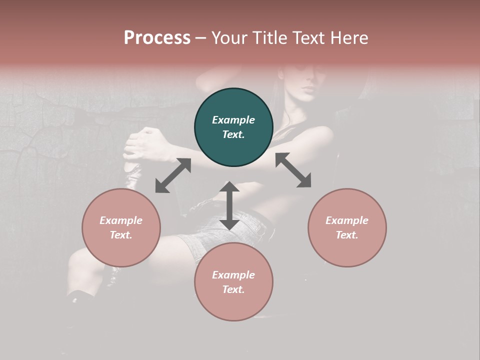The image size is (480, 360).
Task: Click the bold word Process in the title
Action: pyautogui.click(x=157, y=38)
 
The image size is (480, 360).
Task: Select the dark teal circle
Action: pyautogui.click(x=233, y=127)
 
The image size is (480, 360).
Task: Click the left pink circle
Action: pyautogui.click(x=121, y=227)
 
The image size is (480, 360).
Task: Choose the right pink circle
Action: pyautogui.click(x=347, y=227)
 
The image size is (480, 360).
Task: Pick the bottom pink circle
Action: pyautogui.click(x=233, y=281)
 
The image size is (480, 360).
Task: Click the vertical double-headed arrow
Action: pyautogui.click(x=229, y=205)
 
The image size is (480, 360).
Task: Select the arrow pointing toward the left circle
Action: pyautogui.click(x=173, y=175)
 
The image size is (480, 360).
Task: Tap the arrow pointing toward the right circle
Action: pyautogui.click(x=293, y=170)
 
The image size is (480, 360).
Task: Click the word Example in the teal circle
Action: pyautogui.click(x=233, y=120)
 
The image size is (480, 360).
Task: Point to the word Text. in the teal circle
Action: pyautogui.click(x=233, y=134)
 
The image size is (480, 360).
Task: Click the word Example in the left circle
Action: pyautogui.click(x=121, y=220)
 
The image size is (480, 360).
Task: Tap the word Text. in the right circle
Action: pyautogui.click(x=347, y=235)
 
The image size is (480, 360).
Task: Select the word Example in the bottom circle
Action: pyautogui.click(x=233, y=275)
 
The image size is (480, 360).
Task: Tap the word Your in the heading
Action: pyautogui.click(x=229, y=38)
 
